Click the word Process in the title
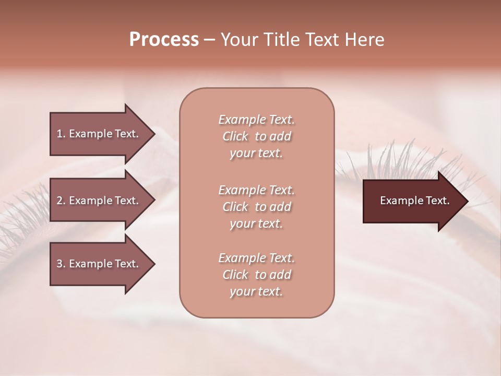tap(164, 40)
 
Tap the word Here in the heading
tap(365, 40)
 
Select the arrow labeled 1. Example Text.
tap(97, 134)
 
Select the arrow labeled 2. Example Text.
tap(97, 201)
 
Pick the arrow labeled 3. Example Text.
tap(97, 264)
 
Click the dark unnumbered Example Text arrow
tap(414, 201)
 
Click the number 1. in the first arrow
tap(61, 134)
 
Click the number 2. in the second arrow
tap(61, 201)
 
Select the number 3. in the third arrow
tap(61, 264)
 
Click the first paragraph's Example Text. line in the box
tap(256, 120)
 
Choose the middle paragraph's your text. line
tap(256, 224)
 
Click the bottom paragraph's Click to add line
tap(256, 275)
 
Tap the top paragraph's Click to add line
tap(256, 136)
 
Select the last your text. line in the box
tap(256, 292)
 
